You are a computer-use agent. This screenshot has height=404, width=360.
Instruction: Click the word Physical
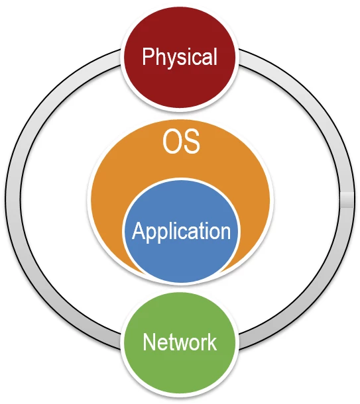coord(180,57)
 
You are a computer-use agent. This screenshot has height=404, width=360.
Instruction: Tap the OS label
coord(181,142)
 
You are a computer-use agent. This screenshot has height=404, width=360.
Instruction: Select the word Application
coord(181,231)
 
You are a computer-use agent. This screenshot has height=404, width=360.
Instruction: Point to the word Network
coord(180,342)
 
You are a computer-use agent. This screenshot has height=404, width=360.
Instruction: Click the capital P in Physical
coord(148,56)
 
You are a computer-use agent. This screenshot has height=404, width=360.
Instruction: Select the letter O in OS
coord(172,142)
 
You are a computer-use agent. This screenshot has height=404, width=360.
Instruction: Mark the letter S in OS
coord(192,142)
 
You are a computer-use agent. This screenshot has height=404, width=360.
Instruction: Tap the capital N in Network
coord(149,342)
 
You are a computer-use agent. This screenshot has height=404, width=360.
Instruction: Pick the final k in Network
coord(212,342)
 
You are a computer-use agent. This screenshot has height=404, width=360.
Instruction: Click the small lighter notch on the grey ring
coord(347,199)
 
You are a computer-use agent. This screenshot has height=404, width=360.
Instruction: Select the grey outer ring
coord(13,199)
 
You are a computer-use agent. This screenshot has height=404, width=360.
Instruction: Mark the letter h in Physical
coord(159,56)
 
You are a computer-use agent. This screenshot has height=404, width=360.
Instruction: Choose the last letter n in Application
coord(225,233)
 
